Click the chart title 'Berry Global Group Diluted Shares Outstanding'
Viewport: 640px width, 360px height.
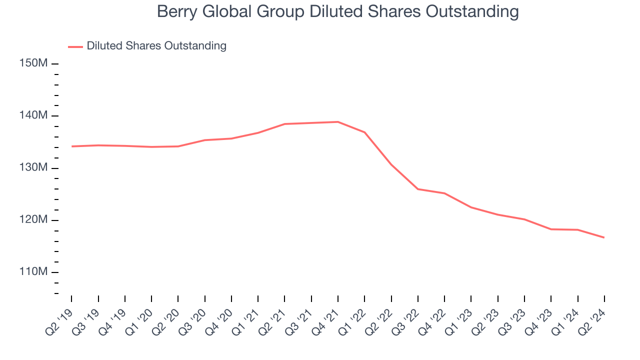pos(337,11)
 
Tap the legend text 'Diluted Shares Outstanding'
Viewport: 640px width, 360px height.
pos(156,46)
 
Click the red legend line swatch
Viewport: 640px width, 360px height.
pos(75,46)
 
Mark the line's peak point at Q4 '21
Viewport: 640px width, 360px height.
pos(338,121)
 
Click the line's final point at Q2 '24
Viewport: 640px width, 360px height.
pos(604,237)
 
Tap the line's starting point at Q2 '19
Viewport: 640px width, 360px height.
pos(71,146)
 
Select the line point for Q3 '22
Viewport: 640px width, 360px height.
pos(418,189)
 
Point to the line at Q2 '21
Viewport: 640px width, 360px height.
pos(284,123)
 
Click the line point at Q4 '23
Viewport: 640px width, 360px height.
pos(551,229)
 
